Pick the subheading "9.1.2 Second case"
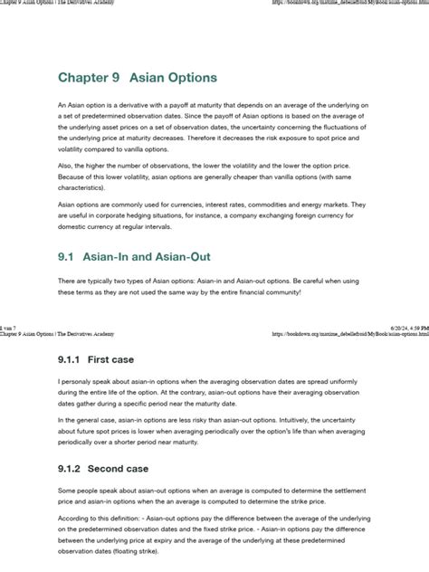102,469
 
